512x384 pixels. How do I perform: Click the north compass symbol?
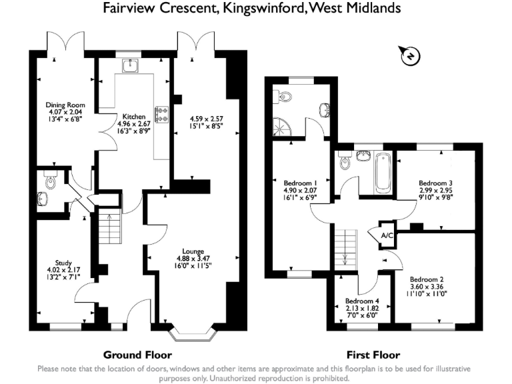click(x=409, y=56)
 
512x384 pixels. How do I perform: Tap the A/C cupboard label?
click(x=387, y=235)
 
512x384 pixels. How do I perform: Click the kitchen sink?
click(x=130, y=65)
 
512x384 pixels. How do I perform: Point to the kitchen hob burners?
click(x=161, y=114)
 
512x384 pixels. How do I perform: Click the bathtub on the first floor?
click(x=384, y=171)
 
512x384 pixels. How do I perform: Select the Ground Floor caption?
click(x=137, y=355)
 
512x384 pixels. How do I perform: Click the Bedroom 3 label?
click(x=436, y=183)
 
